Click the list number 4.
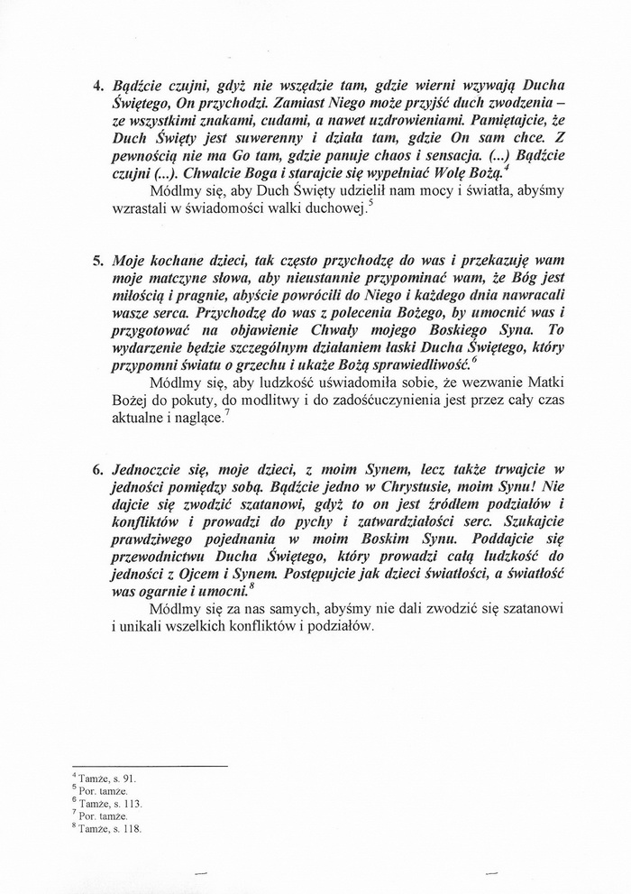pos(97,87)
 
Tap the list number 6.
pos(97,471)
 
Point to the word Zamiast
pos(250,104)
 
